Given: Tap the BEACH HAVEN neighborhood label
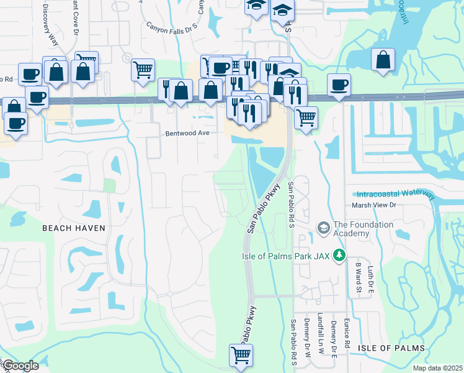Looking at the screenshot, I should pyautogui.click(x=73, y=228).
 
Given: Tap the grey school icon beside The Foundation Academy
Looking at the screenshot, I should pyautogui.click(x=323, y=228).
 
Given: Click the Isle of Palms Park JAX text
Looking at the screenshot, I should pyautogui.click(x=286, y=256).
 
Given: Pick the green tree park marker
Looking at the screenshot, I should pyautogui.click(x=339, y=255).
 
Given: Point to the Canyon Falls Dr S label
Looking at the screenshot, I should pyautogui.click(x=171, y=26).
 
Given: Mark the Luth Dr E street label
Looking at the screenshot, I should pyautogui.click(x=370, y=279).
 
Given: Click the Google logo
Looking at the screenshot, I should pyautogui.click(x=19, y=366).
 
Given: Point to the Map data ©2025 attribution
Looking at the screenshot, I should pyautogui.click(x=437, y=368).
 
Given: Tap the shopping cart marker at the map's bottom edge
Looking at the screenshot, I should pyautogui.click(x=241, y=355).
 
